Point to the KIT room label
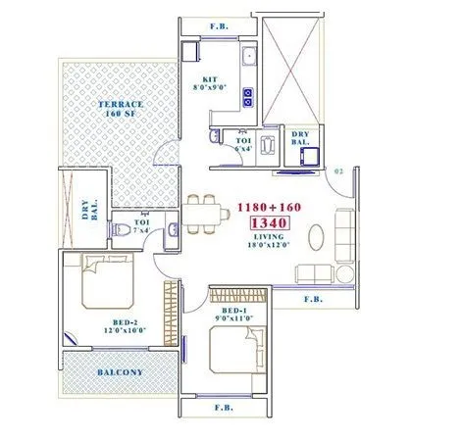click(210, 78)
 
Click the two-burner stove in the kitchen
click(247, 96)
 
